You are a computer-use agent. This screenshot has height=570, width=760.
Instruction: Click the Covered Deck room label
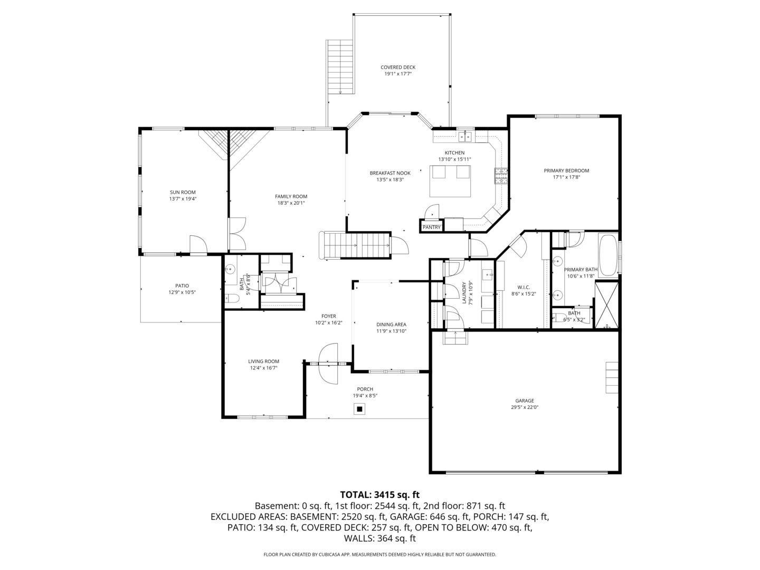pyautogui.click(x=398, y=68)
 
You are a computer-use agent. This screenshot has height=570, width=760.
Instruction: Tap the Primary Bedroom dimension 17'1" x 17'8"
pyautogui.click(x=566, y=178)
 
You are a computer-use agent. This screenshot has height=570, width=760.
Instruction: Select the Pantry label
pyautogui.click(x=431, y=227)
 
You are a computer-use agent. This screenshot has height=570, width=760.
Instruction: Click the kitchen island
pyautogui.click(x=450, y=180)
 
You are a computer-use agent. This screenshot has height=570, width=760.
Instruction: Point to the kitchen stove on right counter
pyautogui.click(x=500, y=176)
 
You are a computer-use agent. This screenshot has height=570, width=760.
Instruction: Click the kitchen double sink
pyautogui.click(x=465, y=137)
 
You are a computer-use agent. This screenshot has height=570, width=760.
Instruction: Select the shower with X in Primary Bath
pyautogui.click(x=606, y=306)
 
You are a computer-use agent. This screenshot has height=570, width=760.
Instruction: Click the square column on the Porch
pyautogui.click(x=360, y=408)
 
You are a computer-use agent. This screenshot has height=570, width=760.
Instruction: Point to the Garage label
pyautogui.click(x=525, y=401)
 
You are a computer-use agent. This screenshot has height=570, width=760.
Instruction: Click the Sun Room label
pyautogui.click(x=183, y=192)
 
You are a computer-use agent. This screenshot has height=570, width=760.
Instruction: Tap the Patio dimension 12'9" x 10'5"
pyautogui.click(x=182, y=292)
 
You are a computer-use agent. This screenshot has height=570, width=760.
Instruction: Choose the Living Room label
pyautogui.click(x=263, y=362)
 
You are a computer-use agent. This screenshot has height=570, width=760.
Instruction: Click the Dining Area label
pyautogui.click(x=391, y=325)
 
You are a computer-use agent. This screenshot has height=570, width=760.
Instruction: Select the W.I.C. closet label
pyautogui.click(x=523, y=287)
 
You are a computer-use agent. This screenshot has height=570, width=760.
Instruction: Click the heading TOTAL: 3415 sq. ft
pyautogui.click(x=379, y=495)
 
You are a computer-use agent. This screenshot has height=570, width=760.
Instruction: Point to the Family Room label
pyautogui.click(x=291, y=196)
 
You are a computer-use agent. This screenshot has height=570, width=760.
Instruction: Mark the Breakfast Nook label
pyautogui.click(x=389, y=173)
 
